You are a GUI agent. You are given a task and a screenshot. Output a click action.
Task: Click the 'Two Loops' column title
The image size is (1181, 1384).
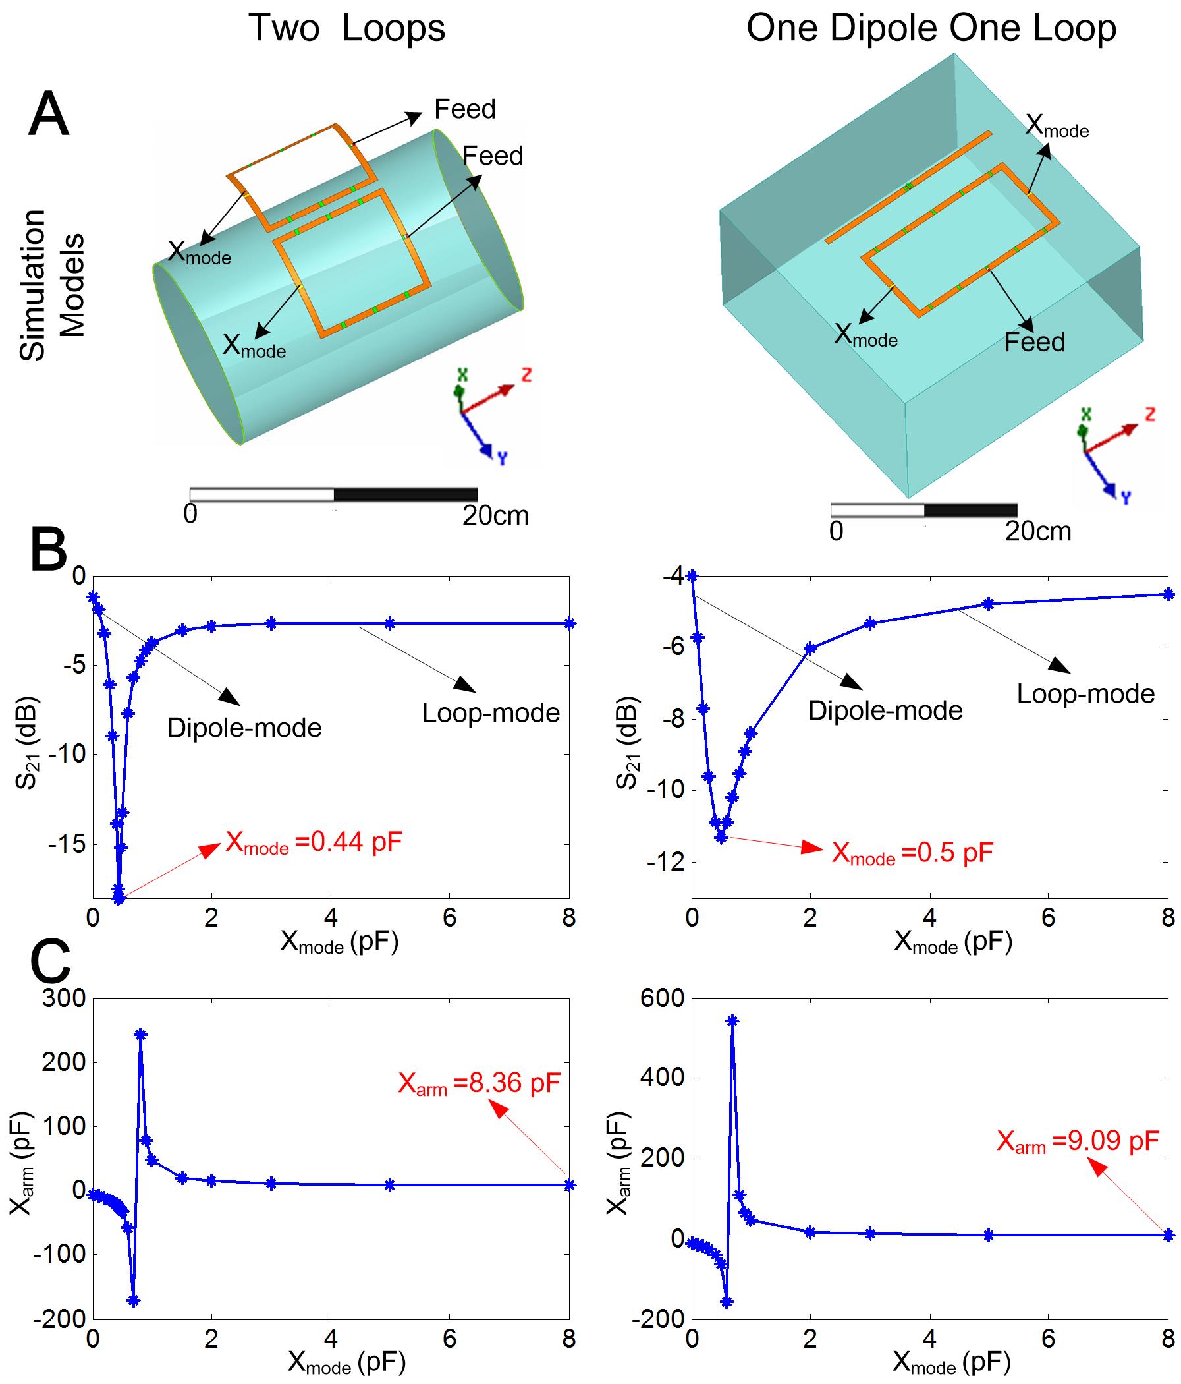pos(346,29)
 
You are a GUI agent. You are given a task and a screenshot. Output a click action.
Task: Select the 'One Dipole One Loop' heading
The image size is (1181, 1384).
pos(931,29)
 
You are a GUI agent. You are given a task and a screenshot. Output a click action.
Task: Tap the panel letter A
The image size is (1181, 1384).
pos(49,115)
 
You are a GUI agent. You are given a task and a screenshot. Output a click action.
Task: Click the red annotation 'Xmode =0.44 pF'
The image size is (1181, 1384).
pos(314,844)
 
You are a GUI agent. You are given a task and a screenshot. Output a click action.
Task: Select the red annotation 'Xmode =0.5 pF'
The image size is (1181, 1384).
pos(912,853)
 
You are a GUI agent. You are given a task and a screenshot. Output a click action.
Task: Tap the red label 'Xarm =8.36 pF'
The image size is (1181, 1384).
pos(479,1083)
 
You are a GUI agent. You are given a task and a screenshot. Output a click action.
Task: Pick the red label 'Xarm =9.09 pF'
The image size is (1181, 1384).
pos(1078,1141)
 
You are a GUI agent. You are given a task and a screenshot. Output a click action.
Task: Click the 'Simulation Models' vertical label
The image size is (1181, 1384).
pos(52,286)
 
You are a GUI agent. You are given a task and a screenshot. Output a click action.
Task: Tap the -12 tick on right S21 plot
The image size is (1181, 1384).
pos(663,862)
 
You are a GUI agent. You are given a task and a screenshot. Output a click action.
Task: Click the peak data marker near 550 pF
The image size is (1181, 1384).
pos(732,1020)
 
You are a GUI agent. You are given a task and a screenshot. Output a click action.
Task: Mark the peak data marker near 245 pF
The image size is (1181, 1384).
pos(140,1035)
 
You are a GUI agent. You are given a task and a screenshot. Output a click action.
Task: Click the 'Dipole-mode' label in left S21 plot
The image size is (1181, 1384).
pos(244,728)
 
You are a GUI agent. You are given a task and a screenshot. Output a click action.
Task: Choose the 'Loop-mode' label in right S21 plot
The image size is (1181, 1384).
pos(1085,694)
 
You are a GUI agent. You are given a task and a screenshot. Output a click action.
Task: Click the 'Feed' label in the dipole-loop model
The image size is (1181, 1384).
pos(1034,342)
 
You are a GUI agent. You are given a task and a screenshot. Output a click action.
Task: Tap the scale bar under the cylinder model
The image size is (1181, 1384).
pos(333,494)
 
